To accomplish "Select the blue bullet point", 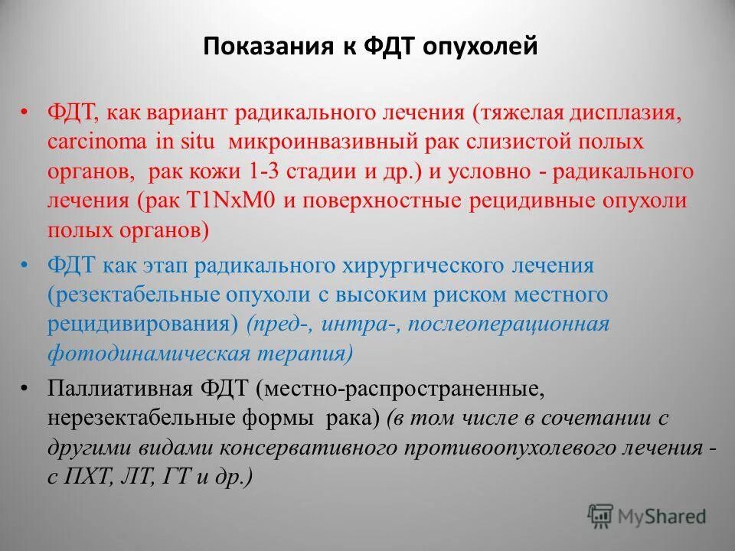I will pos(24,265).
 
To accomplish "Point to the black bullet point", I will pos(24,390).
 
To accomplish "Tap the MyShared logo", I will pos(647,516).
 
